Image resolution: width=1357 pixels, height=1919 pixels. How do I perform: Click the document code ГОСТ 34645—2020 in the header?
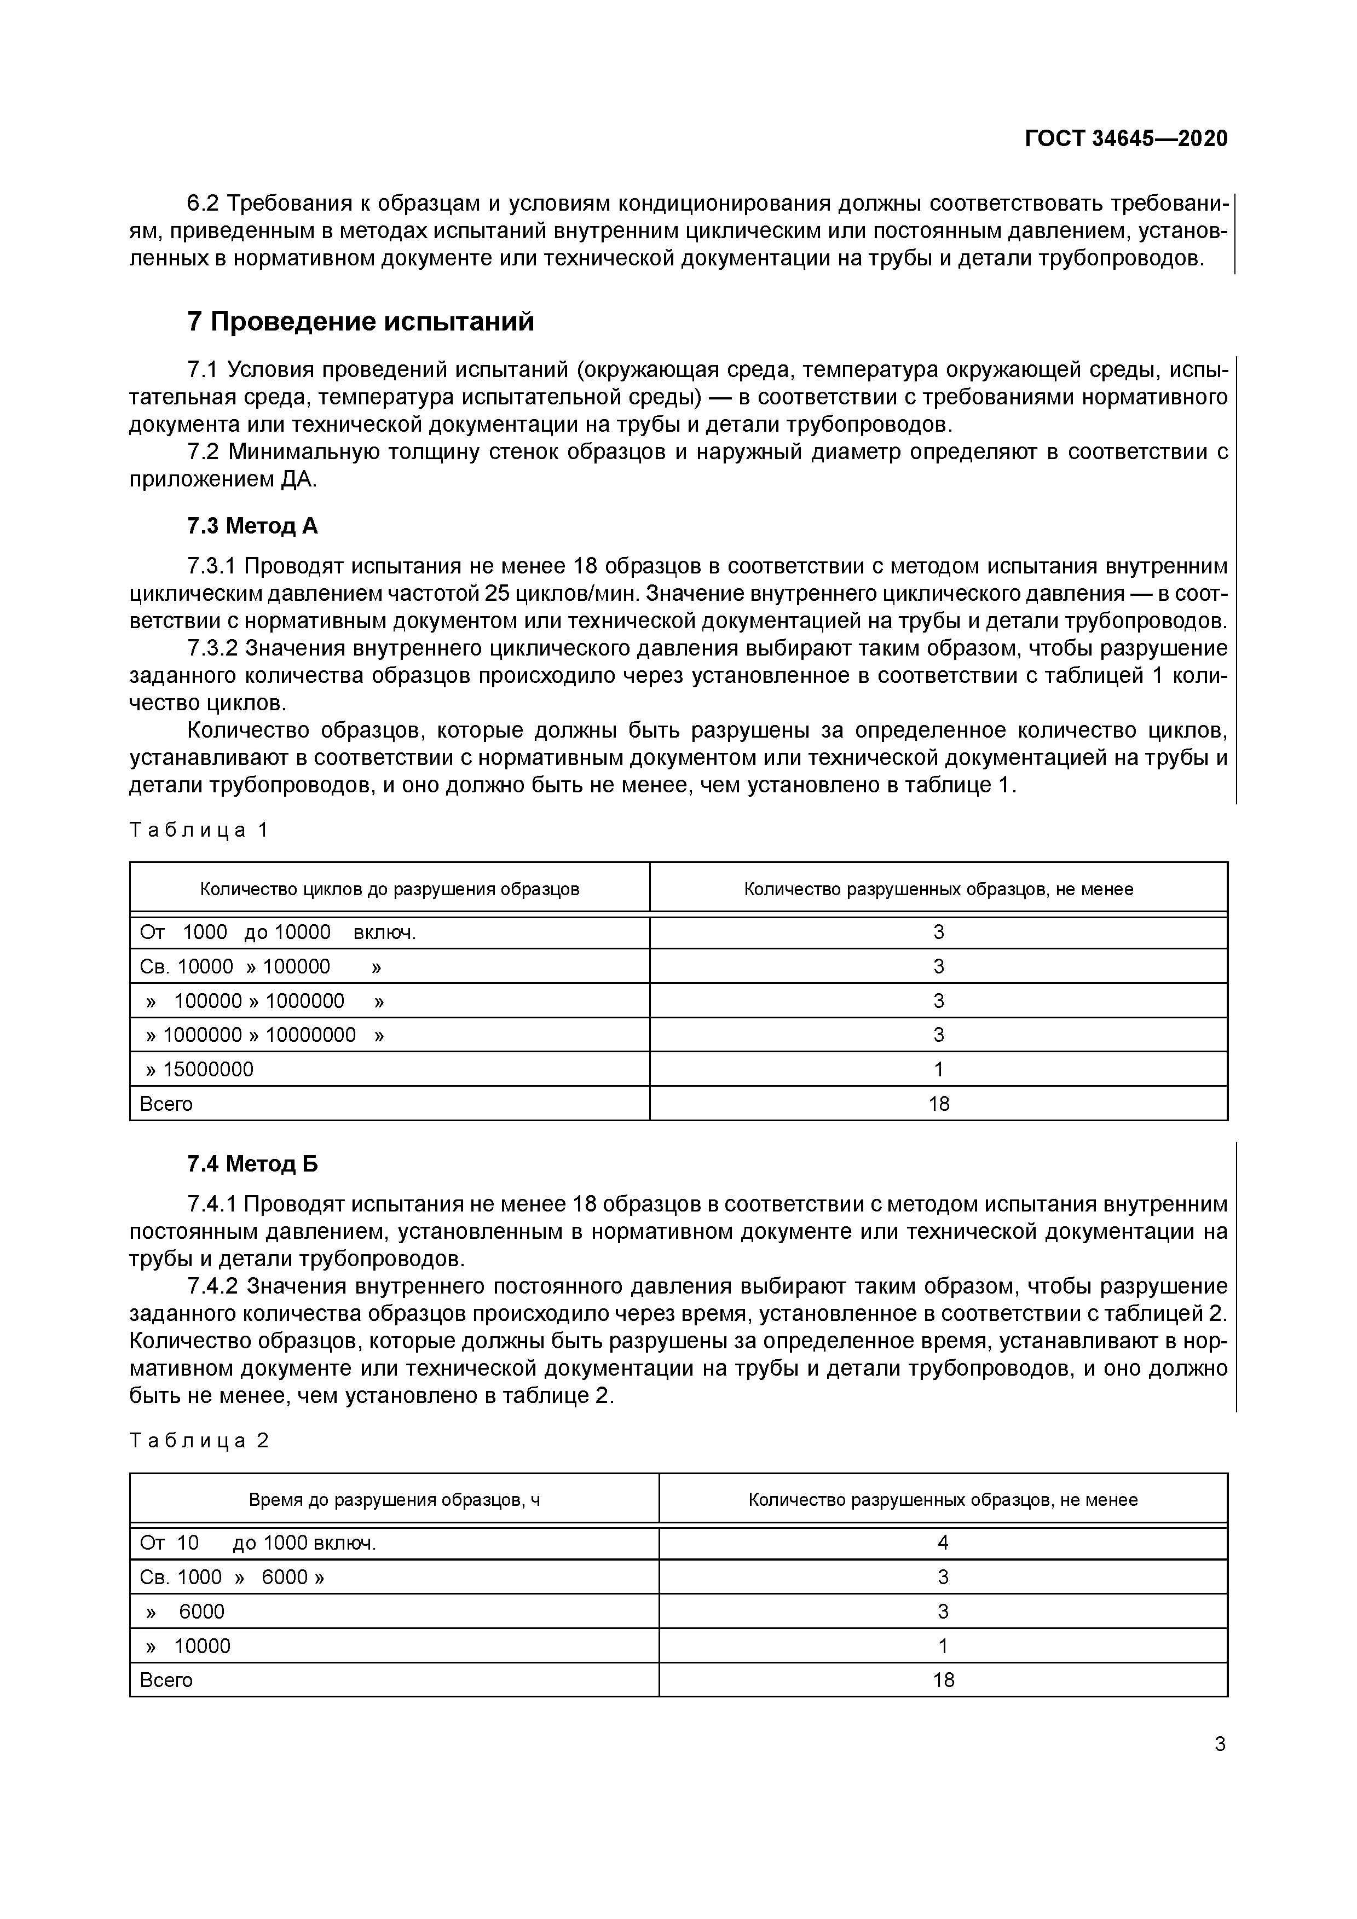point(1126,139)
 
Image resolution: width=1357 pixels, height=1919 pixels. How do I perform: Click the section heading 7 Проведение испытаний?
point(360,321)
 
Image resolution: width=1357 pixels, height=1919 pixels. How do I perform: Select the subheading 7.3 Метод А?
point(252,526)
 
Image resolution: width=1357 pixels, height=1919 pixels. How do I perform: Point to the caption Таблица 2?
point(199,1440)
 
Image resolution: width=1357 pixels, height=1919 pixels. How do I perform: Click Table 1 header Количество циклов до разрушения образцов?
point(390,889)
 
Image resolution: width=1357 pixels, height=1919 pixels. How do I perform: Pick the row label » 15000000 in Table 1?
point(199,1069)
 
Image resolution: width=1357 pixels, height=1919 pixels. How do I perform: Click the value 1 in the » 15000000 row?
point(938,1069)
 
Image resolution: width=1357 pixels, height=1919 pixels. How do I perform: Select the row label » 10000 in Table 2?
point(188,1646)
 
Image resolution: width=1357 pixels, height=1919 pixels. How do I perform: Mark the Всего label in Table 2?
point(166,1680)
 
